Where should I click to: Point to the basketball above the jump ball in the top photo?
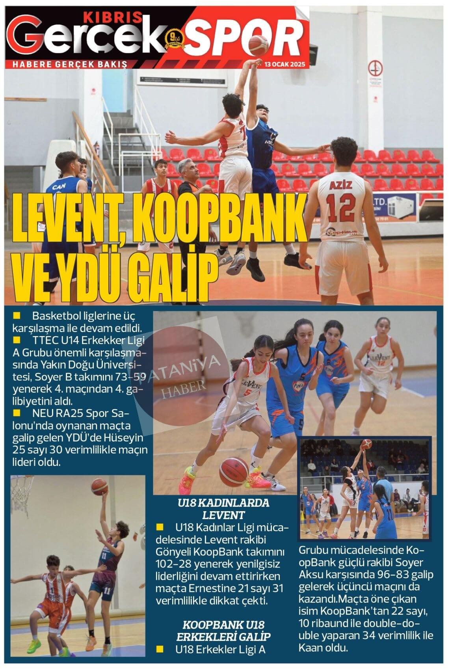[258, 45]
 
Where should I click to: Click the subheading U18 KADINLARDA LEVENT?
[223, 509]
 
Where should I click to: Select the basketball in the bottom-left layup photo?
[99, 487]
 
